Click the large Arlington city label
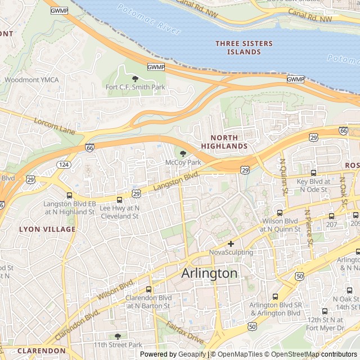point(209,273)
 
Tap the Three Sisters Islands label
point(244,48)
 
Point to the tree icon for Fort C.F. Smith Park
point(135,79)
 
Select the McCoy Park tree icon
point(183,154)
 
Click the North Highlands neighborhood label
point(228,142)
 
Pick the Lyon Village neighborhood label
point(47,229)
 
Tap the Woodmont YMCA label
point(31,80)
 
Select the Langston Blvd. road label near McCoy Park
point(176,181)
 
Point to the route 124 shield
point(64,164)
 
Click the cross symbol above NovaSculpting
point(231,244)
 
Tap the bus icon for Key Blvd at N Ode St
point(313,173)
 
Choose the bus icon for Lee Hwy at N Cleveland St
point(119,200)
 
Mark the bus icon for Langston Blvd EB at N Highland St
point(69,195)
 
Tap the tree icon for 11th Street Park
point(118,336)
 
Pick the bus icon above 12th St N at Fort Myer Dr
point(325,310)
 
